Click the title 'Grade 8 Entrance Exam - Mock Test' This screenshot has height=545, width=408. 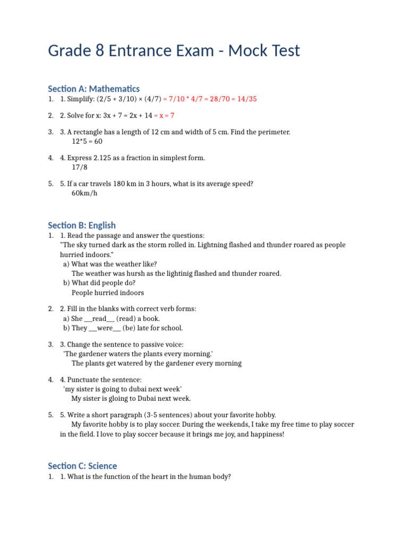pyautogui.click(x=174, y=51)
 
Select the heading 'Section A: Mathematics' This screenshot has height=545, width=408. pyautogui.click(x=93, y=88)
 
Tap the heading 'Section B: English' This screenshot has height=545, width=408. pyautogui.click(x=82, y=225)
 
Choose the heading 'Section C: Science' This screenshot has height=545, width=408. pyautogui.click(x=82, y=466)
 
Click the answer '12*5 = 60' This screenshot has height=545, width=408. pyautogui.click(x=87, y=142)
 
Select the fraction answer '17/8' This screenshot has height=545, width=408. pyautogui.click(x=80, y=168)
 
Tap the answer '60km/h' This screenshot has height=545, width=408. pyautogui.click(x=85, y=193)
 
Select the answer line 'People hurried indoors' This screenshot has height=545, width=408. pyautogui.click(x=108, y=293)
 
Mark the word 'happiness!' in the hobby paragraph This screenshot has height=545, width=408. pyautogui.click(x=267, y=435)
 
